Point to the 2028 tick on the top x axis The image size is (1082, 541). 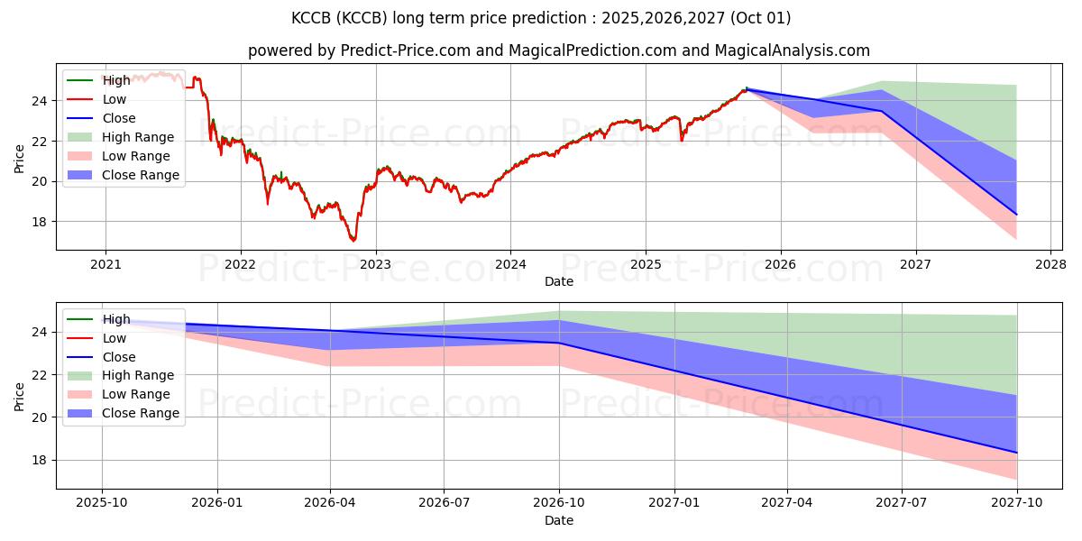coord(1050,264)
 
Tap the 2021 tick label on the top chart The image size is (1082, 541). coord(105,264)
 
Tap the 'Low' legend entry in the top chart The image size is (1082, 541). coord(115,99)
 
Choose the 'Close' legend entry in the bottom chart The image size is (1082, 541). coord(119,357)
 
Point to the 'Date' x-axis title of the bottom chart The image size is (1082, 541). coord(559,520)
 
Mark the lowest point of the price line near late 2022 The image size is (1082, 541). coord(353,241)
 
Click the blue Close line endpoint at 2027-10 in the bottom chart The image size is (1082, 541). coord(1017,453)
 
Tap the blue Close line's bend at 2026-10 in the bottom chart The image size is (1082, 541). coord(559,343)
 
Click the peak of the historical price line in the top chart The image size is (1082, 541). coord(160,72)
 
